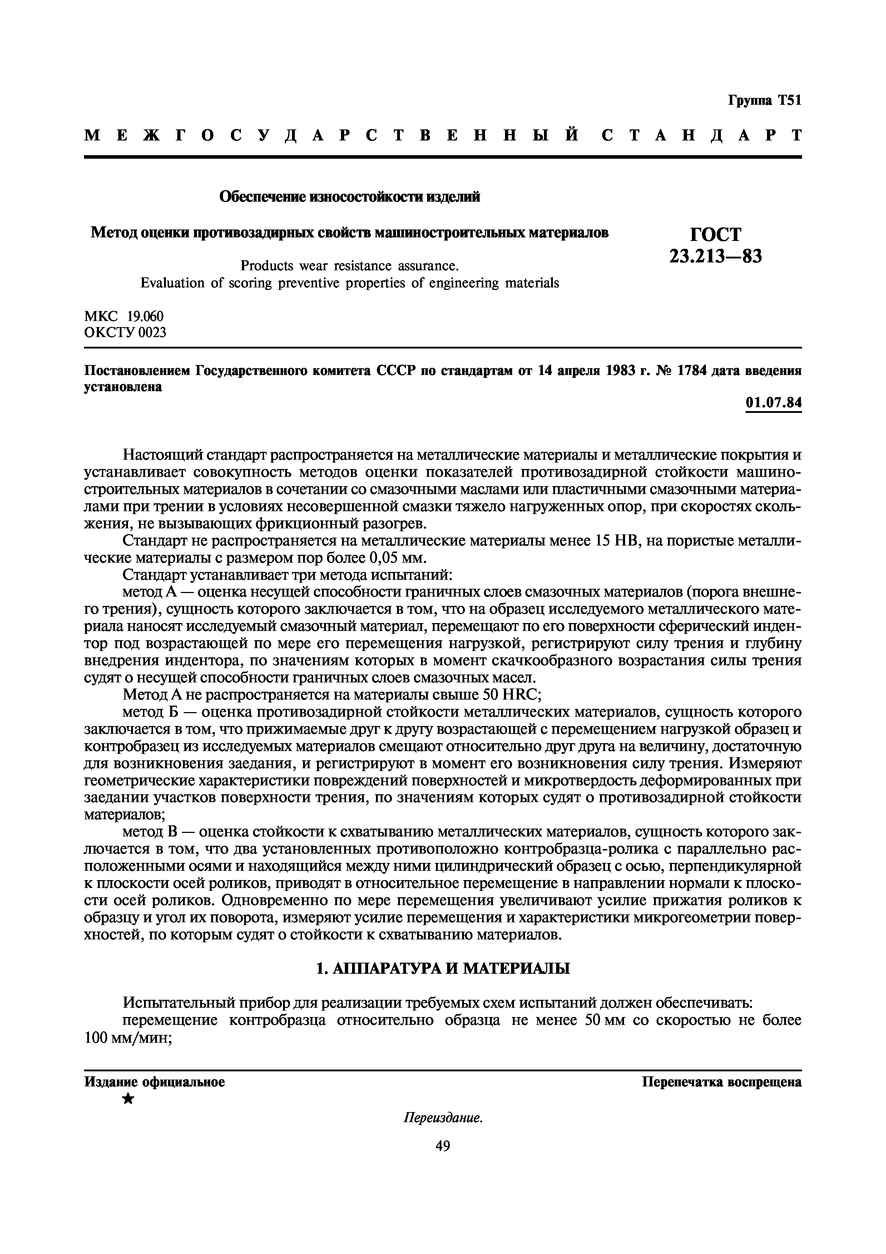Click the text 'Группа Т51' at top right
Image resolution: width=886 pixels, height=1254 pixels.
click(x=764, y=100)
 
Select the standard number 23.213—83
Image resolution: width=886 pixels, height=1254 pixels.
click(x=715, y=256)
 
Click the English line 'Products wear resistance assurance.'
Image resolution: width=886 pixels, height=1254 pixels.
click(x=350, y=266)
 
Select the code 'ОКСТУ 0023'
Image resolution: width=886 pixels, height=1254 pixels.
click(x=125, y=331)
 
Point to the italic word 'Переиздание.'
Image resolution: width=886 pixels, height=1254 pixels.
click(x=443, y=1118)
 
